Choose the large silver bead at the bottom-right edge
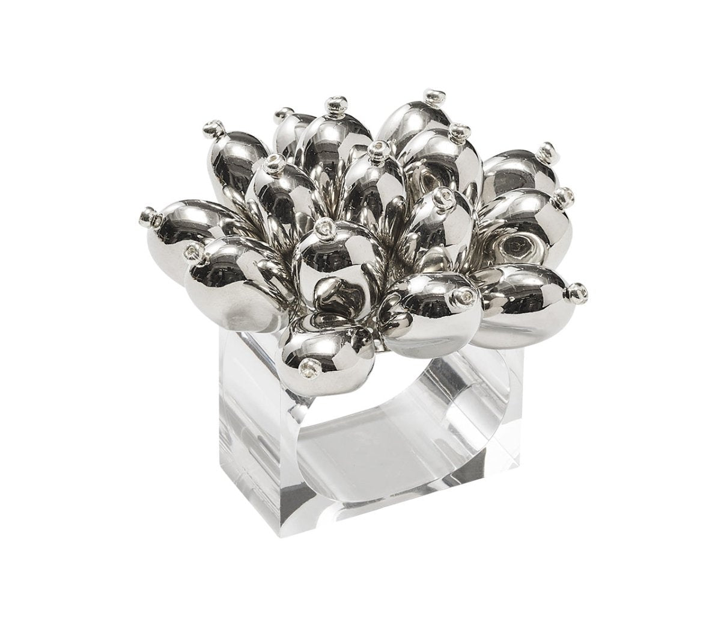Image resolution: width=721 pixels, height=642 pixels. (523, 298)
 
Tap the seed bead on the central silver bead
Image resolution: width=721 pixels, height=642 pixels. (325, 229)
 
